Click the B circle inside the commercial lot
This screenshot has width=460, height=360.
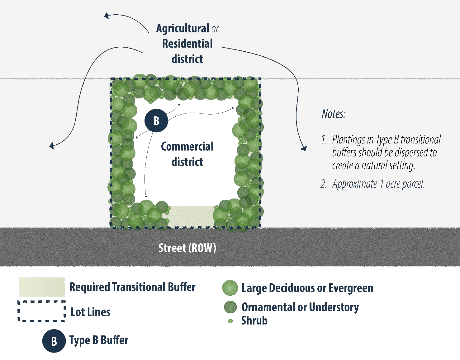tap(156, 120)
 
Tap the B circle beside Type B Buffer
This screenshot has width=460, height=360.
tap(54, 341)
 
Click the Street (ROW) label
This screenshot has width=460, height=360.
tap(187, 248)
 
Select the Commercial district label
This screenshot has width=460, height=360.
tap(187, 154)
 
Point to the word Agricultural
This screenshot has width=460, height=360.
tap(183, 28)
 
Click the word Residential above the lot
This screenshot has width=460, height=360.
tap(187, 44)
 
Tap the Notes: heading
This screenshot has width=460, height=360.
tap(333, 114)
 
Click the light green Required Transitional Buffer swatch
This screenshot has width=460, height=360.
tap(41, 287)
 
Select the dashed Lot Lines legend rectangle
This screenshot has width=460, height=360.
tap(41, 311)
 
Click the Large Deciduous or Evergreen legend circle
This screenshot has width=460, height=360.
tap(230, 288)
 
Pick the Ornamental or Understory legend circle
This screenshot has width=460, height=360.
tap(230, 307)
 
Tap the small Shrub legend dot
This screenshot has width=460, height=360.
tap(230, 321)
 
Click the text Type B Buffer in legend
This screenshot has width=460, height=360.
tap(99, 340)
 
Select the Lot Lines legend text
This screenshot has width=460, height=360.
tap(90, 312)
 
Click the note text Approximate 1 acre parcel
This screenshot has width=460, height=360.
tap(378, 184)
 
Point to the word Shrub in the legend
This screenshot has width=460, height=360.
tap(254, 320)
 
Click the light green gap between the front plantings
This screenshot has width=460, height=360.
tap(191, 216)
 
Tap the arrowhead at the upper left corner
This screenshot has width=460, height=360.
tap(107, 15)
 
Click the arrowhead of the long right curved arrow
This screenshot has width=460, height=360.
tap(304, 148)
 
